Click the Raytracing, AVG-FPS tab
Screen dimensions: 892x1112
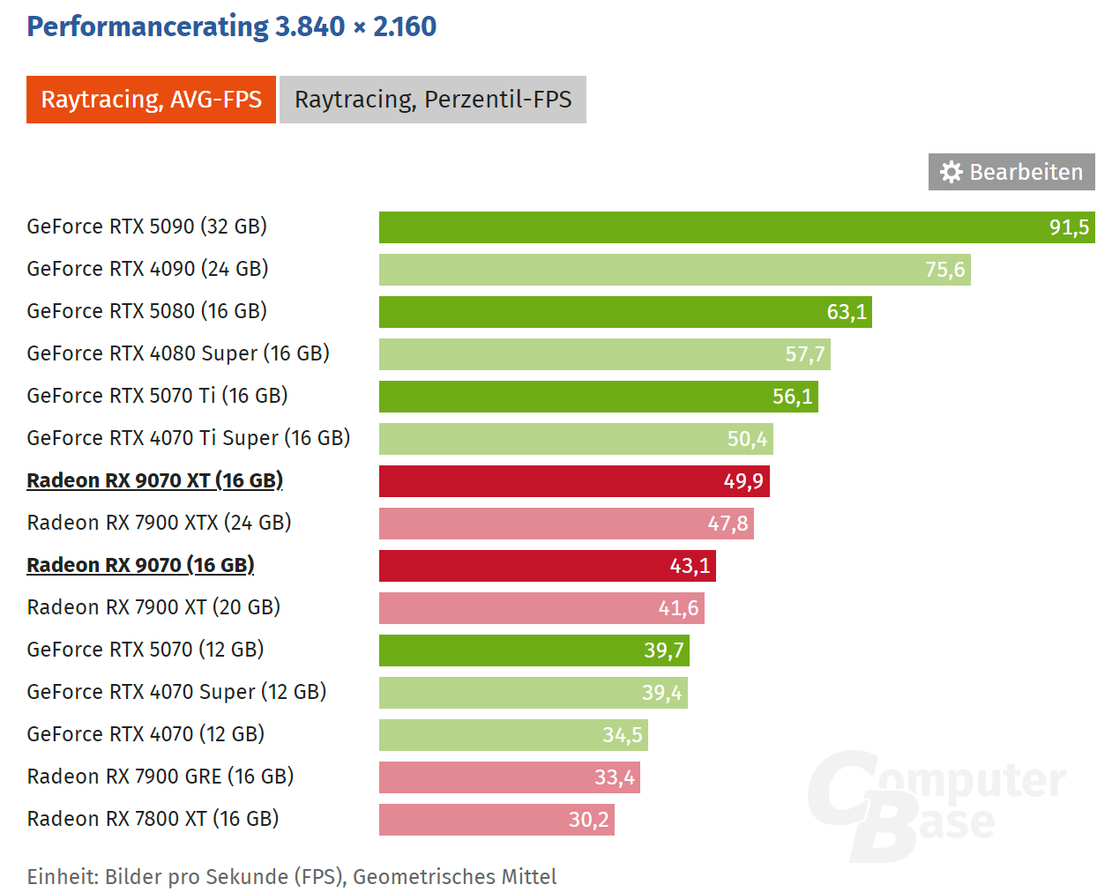pyautogui.click(x=151, y=100)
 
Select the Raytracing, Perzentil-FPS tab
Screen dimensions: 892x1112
pyautogui.click(x=432, y=100)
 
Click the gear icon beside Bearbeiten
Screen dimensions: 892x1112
pyautogui.click(x=951, y=172)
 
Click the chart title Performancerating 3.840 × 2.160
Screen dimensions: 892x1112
pyautogui.click(x=231, y=26)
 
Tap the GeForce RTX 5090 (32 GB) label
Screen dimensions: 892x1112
pyautogui.click(x=146, y=227)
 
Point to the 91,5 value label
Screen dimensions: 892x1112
pyautogui.click(x=1069, y=227)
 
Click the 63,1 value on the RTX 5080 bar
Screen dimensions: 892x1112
pyautogui.click(x=847, y=312)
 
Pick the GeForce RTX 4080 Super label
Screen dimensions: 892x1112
pyautogui.click(x=177, y=353)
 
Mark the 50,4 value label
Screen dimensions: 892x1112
pyautogui.click(x=747, y=439)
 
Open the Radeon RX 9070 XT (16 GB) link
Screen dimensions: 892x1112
pyautogui.click(x=154, y=480)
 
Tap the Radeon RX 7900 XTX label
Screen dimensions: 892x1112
pyautogui.click(x=159, y=523)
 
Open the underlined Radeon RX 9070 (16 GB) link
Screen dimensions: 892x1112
pyautogui.click(x=140, y=565)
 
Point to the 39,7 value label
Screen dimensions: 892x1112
pyautogui.click(x=663, y=650)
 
